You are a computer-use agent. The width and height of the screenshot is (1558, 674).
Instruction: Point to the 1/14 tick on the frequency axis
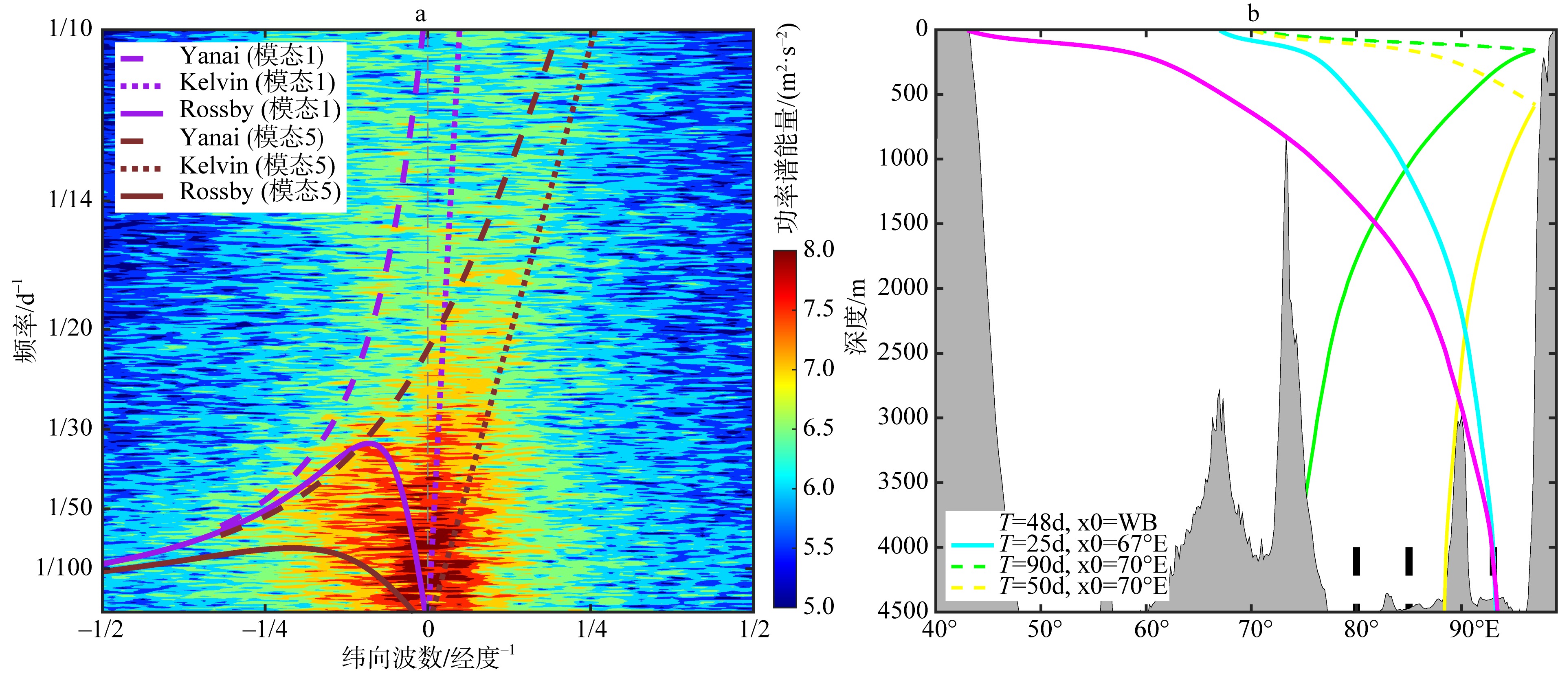pyautogui.click(x=70, y=200)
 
